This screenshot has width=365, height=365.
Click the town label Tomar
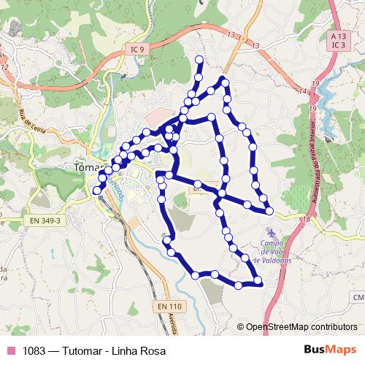[x=90, y=167]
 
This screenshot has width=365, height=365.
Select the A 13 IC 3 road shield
[x=337, y=40]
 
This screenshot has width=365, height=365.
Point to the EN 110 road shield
[x=169, y=306]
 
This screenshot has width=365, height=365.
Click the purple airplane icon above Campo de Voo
[x=266, y=232]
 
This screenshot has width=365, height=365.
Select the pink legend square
[x=10, y=351]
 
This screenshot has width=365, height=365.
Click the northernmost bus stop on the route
[x=199, y=59]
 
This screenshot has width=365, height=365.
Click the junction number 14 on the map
[x=302, y=91]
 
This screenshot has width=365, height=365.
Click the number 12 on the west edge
[x=5, y=68]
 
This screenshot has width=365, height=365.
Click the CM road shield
[x=358, y=297]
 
